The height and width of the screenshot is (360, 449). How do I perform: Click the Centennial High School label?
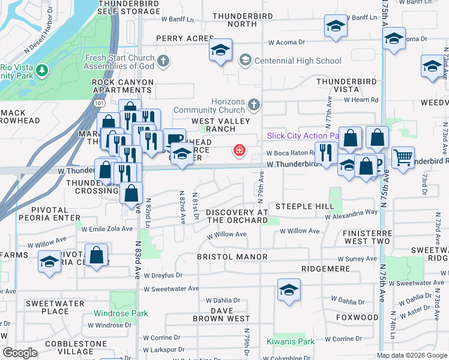click(298, 61)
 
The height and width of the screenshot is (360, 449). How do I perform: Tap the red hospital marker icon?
click(240, 149)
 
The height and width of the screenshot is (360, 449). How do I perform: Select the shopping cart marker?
click(403, 157)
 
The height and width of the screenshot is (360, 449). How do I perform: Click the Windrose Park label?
click(121, 313)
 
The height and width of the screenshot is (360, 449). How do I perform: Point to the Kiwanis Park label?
click(291, 342)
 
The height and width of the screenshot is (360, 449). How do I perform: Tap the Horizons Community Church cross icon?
click(254, 105)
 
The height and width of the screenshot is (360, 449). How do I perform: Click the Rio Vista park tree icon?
click(41, 71)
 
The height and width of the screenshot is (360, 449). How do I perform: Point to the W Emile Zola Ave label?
click(107, 229)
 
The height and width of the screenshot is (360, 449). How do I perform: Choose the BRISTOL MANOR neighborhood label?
click(232, 257)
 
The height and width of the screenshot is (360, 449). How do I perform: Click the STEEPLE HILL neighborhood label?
click(304, 206)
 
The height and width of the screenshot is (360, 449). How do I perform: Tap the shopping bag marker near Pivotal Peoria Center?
click(96, 255)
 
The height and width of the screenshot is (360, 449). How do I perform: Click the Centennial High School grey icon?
click(244, 60)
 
